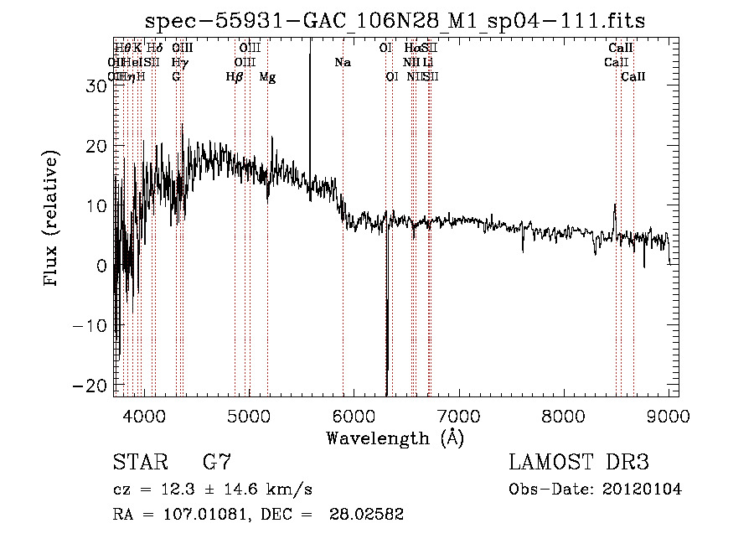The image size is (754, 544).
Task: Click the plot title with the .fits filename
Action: (x=395, y=21)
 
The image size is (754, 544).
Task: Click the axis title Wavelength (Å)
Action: (x=395, y=438)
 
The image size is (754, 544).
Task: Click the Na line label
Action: (x=342, y=63)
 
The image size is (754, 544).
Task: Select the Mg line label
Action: (x=267, y=77)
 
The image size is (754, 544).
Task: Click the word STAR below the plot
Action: (x=137, y=463)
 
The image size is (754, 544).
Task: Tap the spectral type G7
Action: (x=217, y=463)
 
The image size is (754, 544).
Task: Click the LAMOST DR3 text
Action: (x=579, y=463)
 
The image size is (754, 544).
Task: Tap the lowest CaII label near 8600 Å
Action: (x=633, y=77)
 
